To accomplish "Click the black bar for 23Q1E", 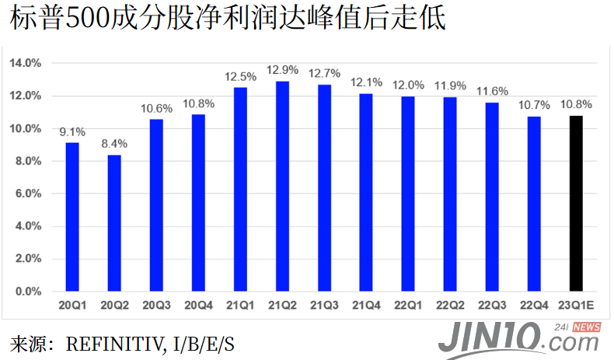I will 576,204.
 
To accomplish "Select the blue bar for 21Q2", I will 282,187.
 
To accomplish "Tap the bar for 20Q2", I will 114,223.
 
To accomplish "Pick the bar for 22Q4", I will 534,204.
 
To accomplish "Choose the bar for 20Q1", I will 72,217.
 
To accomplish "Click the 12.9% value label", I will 282,70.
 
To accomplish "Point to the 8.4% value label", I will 114,144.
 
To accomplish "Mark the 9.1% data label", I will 72,131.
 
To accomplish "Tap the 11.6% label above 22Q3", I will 492,91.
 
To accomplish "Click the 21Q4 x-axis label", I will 366,305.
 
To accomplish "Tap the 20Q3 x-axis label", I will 156,305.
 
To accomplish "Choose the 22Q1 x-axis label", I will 408,305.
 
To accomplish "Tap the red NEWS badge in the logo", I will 589,327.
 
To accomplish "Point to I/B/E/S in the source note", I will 198,343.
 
